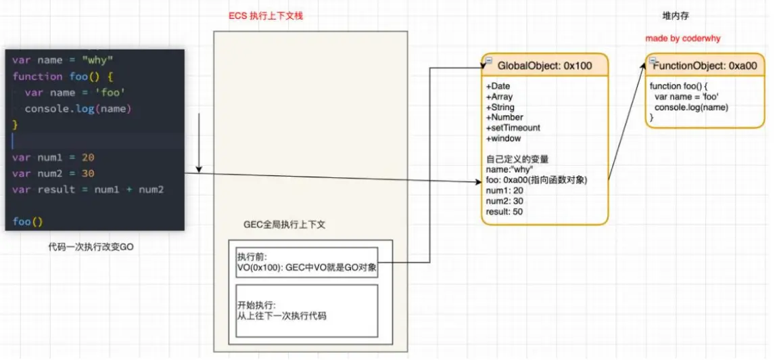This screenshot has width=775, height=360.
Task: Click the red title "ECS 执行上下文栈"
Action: pyautogui.click(x=266, y=16)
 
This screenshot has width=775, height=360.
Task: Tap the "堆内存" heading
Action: pyautogui.click(x=676, y=16)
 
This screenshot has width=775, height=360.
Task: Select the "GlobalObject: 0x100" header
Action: pyautogui.click(x=544, y=66)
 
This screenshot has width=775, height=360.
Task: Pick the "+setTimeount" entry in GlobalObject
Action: pyautogui.click(x=513, y=128)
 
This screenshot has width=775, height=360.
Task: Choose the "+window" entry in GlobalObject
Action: pyautogui.click(x=504, y=139)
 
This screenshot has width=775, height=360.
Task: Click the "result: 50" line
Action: pyautogui.click(x=504, y=212)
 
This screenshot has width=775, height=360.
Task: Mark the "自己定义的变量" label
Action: pyautogui.click(x=517, y=160)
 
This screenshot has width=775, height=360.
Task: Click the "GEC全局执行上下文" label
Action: pyautogui.click(x=284, y=225)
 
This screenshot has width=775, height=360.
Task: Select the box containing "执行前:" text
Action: pyautogui.click(x=307, y=263)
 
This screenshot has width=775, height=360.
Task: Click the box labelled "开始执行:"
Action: pyautogui.click(x=307, y=309)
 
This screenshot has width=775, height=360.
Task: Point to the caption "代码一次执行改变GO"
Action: pyautogui.click(x=91, y=248)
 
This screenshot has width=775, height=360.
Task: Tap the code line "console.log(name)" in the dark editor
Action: pyautogui.click(x=77, y=109)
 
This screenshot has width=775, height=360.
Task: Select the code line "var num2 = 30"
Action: pyautogui.click(x=53, y=173)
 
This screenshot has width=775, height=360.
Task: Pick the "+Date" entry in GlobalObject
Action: pyautogui.click(x=498, y=87)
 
